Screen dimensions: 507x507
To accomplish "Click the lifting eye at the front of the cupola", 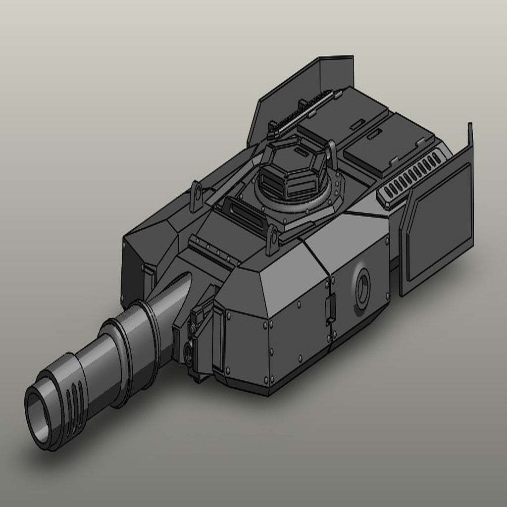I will tap(272, 238).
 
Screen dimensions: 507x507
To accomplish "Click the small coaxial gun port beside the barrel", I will tap(190, 353).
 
